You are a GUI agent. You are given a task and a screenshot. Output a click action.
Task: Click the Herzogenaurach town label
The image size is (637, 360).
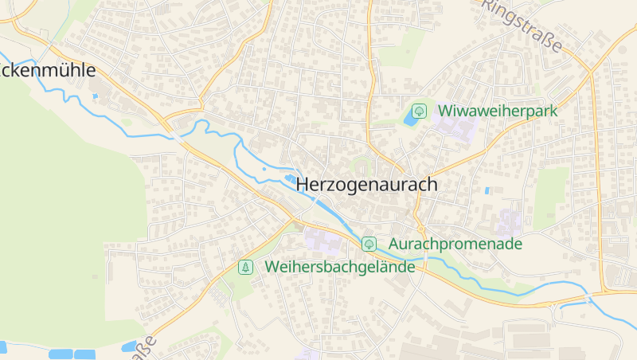[x=367, y=185]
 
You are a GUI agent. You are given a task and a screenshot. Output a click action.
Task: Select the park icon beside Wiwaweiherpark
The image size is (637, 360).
[x=419, y=111]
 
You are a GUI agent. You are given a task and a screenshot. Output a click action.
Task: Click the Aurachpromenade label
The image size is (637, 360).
[x=455, y=244]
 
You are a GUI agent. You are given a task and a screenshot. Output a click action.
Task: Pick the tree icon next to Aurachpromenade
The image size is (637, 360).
[x=369, y=244]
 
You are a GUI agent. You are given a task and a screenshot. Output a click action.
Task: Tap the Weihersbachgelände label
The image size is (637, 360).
[x=341, y=267]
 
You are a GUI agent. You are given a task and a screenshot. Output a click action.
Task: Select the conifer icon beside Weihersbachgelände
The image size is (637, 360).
[x=246, y=267]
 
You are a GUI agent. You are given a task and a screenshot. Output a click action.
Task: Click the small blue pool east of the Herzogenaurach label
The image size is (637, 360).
[x=487, y=191]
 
